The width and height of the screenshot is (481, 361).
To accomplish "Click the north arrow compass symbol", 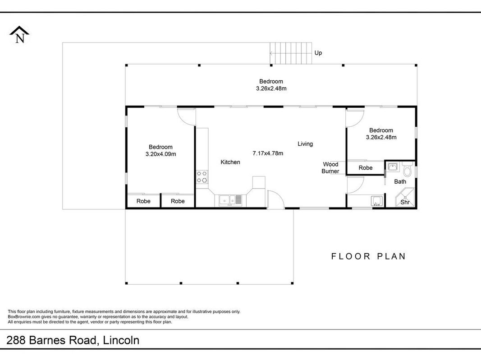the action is coord(19,34).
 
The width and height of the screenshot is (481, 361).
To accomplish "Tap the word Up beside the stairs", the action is coord(318,53).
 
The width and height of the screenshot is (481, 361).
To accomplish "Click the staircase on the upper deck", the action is coord(291,53).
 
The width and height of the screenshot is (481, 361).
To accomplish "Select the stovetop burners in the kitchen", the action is coord(202,177).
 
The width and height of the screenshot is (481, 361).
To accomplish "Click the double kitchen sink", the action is coord(230,200).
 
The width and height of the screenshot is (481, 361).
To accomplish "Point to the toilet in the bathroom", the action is coord(408,170).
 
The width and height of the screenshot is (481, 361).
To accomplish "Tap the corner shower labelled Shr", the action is coord(405,198).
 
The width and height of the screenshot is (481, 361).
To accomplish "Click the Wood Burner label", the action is coord(330,168).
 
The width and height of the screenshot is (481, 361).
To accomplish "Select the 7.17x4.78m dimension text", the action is coord(268,153).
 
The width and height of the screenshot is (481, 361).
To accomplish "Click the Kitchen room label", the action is coord(230,162).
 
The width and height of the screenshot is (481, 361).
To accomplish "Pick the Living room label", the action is coord(305,143).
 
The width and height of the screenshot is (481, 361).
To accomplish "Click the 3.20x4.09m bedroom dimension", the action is coord(161,154).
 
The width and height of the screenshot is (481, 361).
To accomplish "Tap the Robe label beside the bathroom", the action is coord(366,168).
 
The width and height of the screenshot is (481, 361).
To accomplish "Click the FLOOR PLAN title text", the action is coord(368,256).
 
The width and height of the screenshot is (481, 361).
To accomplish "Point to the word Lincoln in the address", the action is coord(121,340).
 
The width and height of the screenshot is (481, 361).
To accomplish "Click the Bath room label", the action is coord(400,182).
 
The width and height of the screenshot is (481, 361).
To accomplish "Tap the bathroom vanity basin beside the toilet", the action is coord(393,167).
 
